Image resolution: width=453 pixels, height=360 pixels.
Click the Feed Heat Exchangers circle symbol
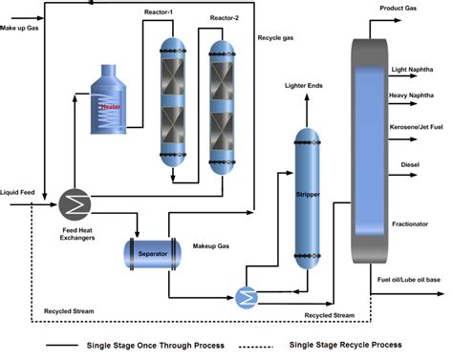74,203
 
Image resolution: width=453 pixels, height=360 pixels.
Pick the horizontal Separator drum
156,253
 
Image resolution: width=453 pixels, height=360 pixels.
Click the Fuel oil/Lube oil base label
413,279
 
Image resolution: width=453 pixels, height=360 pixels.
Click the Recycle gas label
278,37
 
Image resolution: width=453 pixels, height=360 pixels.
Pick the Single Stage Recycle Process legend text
344,344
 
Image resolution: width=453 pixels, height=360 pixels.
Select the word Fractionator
411,223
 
